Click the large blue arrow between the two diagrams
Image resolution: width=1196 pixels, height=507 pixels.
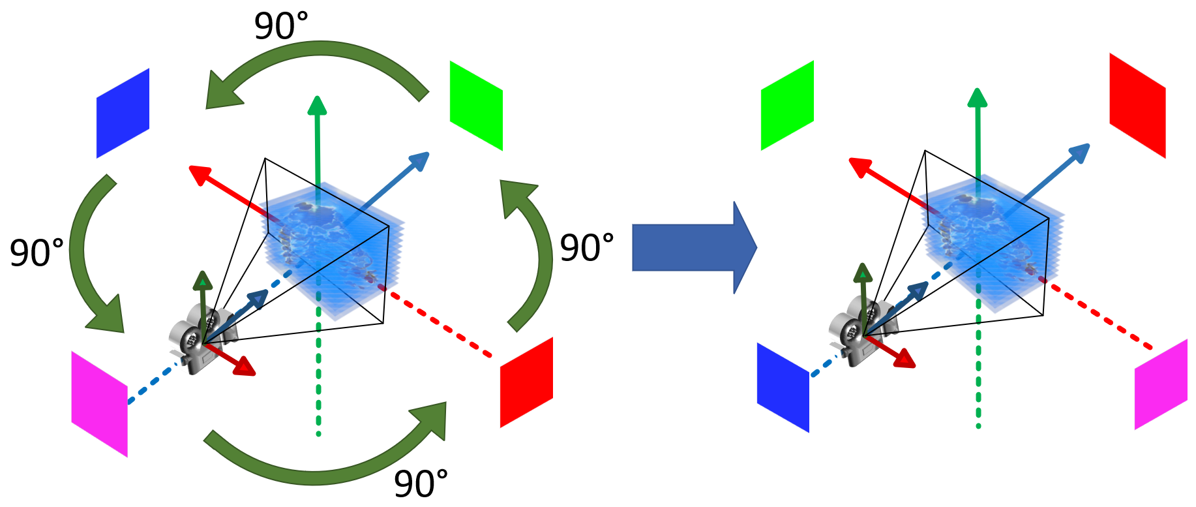point(691,248)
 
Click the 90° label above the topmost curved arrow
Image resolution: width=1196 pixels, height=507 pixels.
point(280,27)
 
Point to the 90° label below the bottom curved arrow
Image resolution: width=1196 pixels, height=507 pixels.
point(421,484)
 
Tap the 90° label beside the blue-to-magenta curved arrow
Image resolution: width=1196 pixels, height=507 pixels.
point(37,253)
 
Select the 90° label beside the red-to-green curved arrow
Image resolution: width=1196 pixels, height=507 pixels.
point(587,248)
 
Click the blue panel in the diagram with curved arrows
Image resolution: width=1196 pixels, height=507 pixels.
point(123,113)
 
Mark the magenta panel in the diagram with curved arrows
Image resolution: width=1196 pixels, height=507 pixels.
point(99,404)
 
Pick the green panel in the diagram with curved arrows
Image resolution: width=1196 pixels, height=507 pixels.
point(476,106)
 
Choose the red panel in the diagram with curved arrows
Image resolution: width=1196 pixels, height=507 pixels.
point(526,382)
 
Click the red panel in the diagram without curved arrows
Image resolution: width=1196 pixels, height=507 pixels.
point(1137,105)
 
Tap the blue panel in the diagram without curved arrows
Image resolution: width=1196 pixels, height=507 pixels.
point(783,388)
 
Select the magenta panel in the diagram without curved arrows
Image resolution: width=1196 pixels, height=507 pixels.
point(1161,384)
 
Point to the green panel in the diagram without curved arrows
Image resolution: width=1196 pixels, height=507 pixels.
point(787,105)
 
